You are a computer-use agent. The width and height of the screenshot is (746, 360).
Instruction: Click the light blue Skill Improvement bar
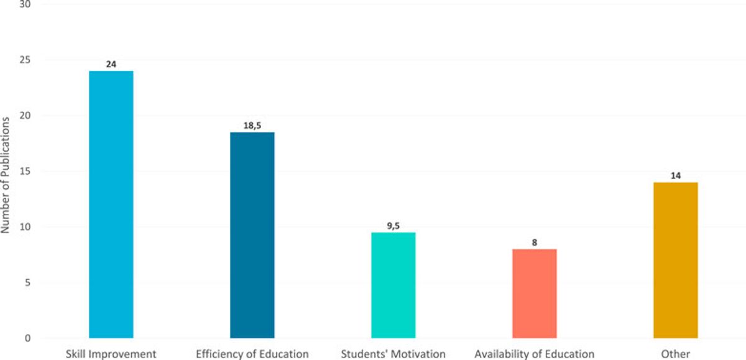click(111, 205)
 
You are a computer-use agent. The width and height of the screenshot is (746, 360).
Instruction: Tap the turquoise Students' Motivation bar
click(393, 285)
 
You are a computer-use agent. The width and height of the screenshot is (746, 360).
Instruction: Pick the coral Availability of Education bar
click(534, 293)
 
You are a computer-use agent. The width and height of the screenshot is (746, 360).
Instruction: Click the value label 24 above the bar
click(111, 64)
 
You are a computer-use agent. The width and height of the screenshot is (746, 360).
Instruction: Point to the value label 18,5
click(252, 126)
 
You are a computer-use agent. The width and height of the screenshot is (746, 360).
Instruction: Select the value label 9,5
click(393, 226)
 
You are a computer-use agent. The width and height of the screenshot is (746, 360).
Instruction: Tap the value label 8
click(534, 242)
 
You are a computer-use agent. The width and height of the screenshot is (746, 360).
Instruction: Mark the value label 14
click(675, 176)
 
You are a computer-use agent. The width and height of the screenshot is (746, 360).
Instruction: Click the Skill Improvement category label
click(111, 354)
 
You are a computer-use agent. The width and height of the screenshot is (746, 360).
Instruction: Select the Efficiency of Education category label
click(252, 354)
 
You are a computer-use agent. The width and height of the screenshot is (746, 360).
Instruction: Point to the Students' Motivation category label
click(393, 354)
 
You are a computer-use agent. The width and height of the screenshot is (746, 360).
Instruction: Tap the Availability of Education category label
click(534, 354)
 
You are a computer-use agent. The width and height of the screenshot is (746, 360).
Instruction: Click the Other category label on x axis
click(675, 354)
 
